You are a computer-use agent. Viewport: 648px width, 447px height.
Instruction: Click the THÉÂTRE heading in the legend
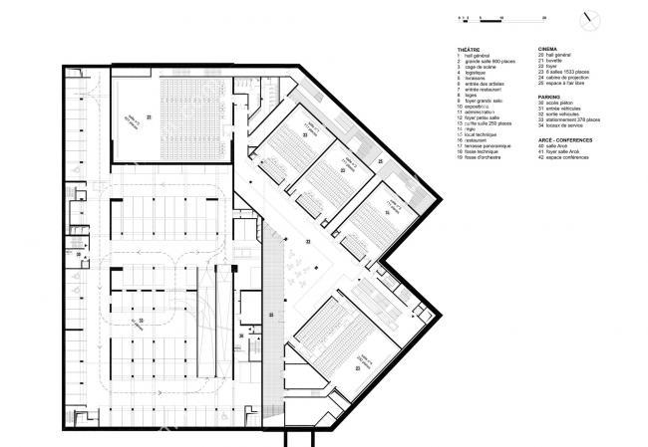[x=470, y=48]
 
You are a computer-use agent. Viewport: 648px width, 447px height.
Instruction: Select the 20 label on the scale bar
[x=516, y=18]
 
